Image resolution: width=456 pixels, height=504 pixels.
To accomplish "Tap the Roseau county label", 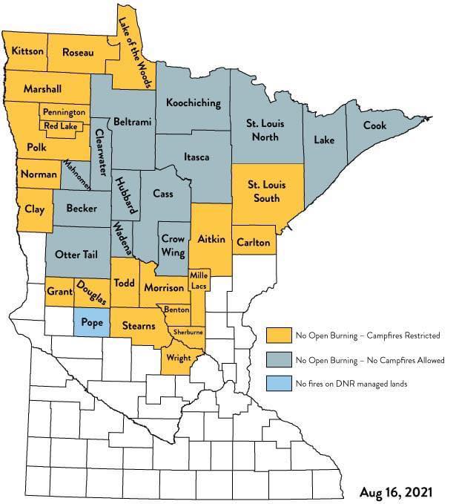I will point(78,52).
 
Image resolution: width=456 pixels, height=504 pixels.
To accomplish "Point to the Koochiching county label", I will point(193,103).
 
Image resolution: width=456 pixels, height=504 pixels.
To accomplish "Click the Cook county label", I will point(374,125).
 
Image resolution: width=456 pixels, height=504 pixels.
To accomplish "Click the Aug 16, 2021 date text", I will point(396,491).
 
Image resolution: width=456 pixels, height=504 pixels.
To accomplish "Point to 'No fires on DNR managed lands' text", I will point(351,384).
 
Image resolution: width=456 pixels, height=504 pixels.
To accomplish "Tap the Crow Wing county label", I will point(173,246).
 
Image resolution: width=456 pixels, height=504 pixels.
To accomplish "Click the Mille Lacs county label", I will point(199,281).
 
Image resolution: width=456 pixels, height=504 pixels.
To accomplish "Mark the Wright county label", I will point(179,358).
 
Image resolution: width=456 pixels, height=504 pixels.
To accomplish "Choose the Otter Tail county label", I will point(77,254).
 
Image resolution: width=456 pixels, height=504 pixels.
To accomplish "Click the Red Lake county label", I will point(60,126).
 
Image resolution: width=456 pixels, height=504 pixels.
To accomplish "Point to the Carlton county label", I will point(252,242).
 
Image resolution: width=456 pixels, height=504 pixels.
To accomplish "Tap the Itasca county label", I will point(197,157).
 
